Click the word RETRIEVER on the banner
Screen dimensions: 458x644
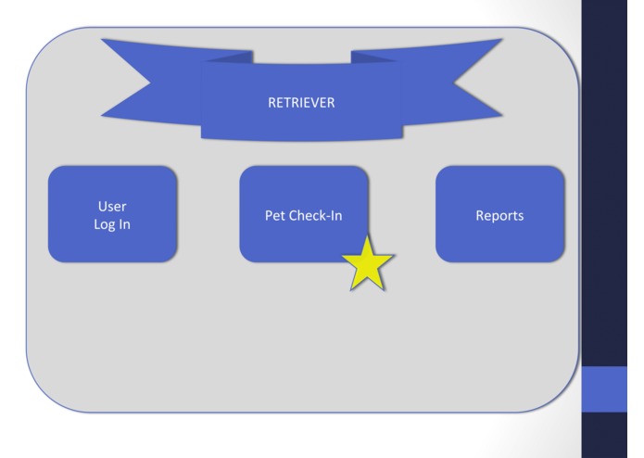(300, 103)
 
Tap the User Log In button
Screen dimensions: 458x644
(112, 214)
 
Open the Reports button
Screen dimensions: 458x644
(499, 214)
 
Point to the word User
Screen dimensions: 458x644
(112, 206)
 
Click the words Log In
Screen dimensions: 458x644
(112, 224)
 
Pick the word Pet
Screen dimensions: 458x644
(275, 215)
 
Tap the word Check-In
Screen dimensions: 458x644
(316, 215)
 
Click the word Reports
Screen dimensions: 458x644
(499, 215)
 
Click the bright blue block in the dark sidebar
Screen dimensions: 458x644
(612, 387)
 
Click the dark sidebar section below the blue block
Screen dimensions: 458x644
(612, 434)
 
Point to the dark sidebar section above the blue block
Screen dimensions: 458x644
(612, 185)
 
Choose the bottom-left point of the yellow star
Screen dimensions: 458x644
(352, 289)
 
